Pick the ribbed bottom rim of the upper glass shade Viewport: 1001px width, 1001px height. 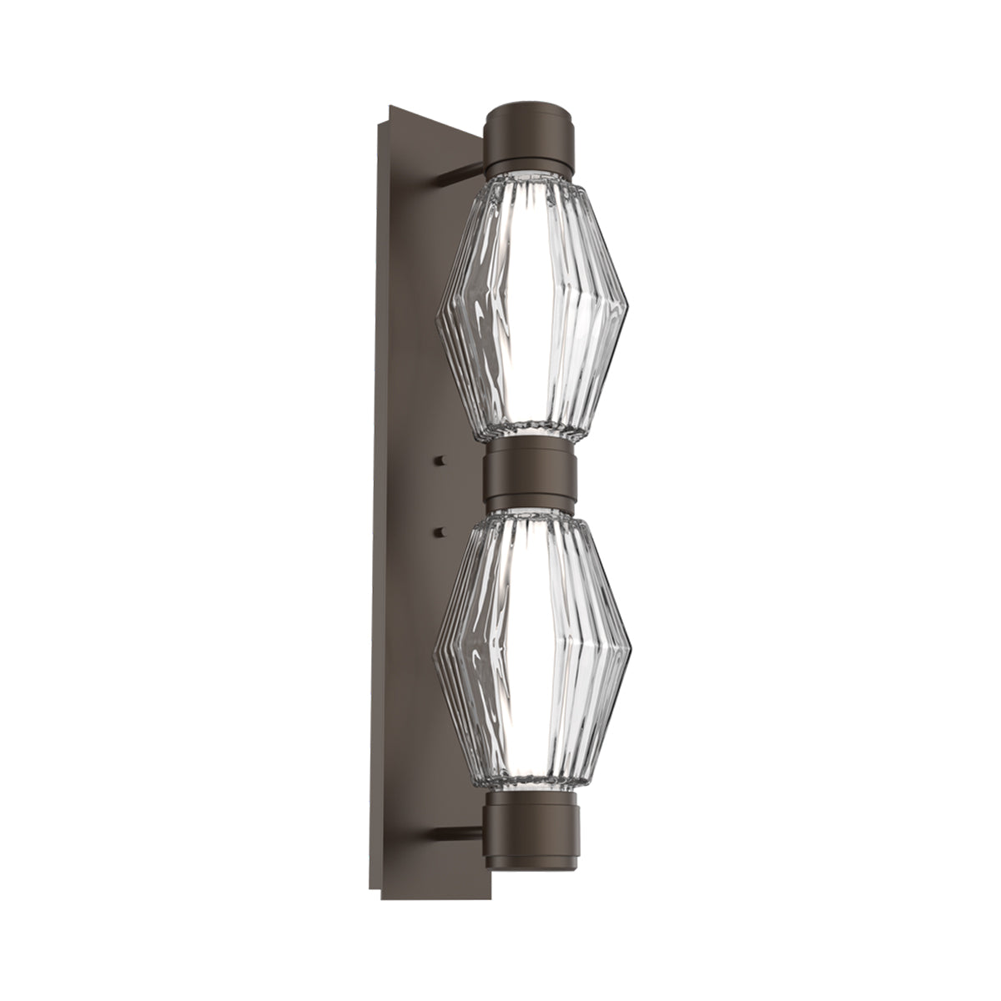531,431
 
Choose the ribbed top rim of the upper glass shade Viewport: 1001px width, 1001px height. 531,179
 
